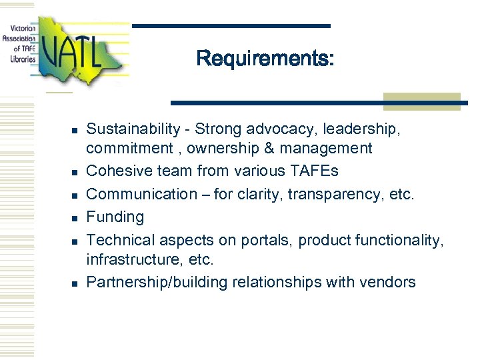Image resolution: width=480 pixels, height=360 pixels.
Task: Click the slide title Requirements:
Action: (265, 59)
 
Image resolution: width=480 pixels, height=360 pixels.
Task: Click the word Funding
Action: (115, 217)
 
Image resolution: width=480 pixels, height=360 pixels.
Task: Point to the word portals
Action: (265, 240)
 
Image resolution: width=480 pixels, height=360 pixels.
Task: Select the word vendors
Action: (389, 282)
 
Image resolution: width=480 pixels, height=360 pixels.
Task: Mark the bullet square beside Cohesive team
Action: (76, 173)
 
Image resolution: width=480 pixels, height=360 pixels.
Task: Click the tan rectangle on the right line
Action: (422, 101)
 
